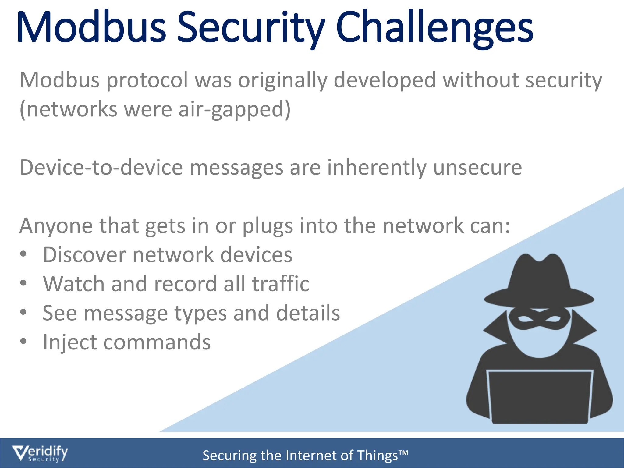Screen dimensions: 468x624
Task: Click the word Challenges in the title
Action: click(x=434, y=28)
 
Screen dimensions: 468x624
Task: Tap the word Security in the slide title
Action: click(x=250, y=28)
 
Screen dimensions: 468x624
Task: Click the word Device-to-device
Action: click(x=101, y=168)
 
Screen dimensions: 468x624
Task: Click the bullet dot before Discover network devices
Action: click(x=23, y=254)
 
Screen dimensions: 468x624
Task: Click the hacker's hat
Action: click(x=539, y=283)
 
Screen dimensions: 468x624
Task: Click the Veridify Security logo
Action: click(x=40, y=454)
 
